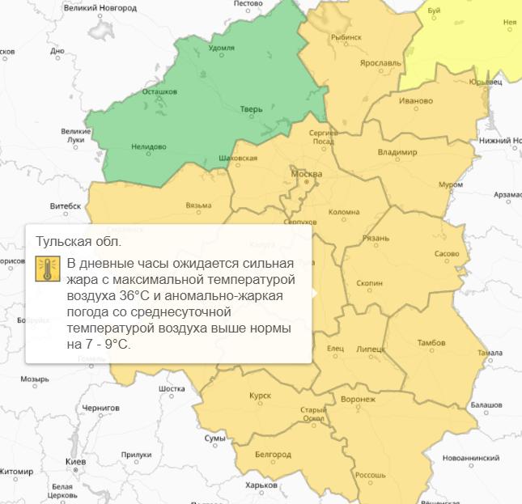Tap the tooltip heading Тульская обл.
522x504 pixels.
click(79, 241)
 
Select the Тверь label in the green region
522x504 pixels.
click(252, 108)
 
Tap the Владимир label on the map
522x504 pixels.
click(397, 152)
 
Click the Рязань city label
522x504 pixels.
click(376, 238)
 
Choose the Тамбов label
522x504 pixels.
click(431, 343)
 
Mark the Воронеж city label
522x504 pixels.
click(359, 400)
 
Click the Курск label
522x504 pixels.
click(261, 395)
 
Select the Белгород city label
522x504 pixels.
click(273, 455)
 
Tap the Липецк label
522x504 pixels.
click(371, 349)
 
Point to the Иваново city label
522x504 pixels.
click(416, 101)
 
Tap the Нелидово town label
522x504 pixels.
click(148, 146)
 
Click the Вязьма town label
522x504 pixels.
click(198, 205)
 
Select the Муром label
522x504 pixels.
click(451, 184)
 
